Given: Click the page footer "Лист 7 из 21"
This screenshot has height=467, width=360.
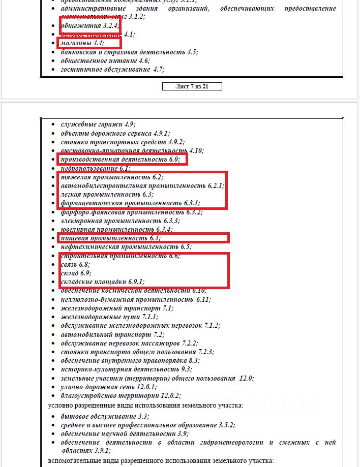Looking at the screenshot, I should [x=192, y=86].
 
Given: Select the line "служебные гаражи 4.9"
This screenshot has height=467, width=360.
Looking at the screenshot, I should [x=98, y=124].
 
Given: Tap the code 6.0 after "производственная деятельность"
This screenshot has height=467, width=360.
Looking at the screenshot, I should [x=174, y=160].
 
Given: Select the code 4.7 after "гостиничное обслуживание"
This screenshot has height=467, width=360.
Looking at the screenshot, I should [x=159, y=69].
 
